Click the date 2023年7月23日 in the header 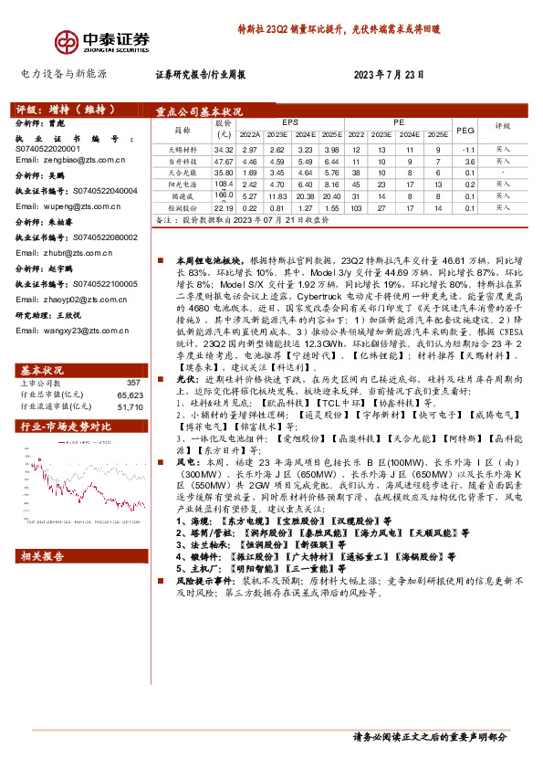tap(390, 75)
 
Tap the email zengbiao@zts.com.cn tap(70, 159)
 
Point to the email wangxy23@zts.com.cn tap(71, 330)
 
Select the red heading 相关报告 tap(42, 556)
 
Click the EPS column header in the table tap(290, 121)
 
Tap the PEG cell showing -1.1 tap(468, 149)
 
